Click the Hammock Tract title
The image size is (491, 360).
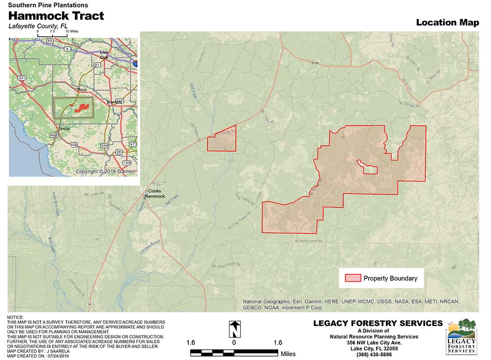pos(56,16)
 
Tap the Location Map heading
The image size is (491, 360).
pos(447,22)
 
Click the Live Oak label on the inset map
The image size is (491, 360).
pos(104,54)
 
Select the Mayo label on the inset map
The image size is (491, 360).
pos(82,90)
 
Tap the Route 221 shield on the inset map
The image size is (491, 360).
pos(22,78)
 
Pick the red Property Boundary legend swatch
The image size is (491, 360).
pos(353,278)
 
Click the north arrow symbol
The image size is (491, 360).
pos(235,329)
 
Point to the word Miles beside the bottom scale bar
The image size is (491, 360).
pos(289,353)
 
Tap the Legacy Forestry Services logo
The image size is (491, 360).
pos(461,336)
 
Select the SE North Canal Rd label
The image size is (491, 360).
pos(309,241)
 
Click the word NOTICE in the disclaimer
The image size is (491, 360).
pos(15,318)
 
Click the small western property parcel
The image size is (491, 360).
pos(222,142)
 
